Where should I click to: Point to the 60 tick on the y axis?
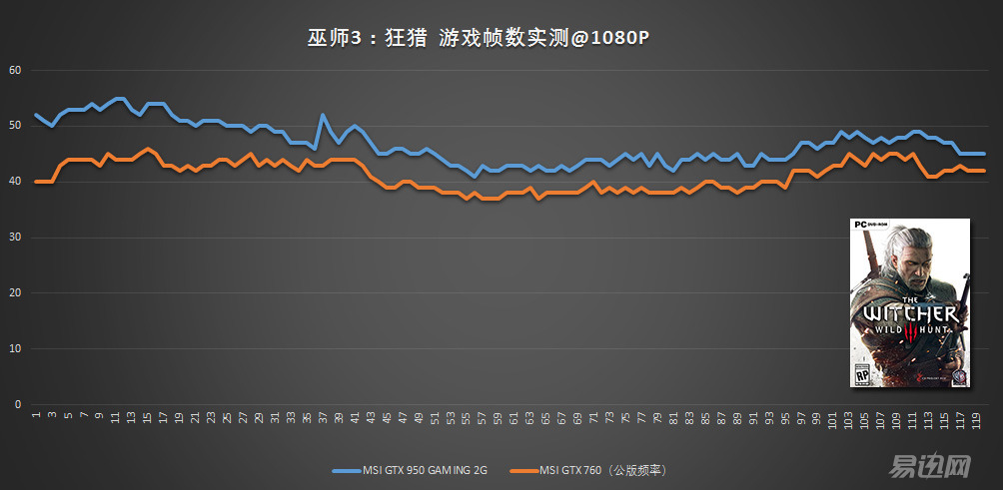point(14,70)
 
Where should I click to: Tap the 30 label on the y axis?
point(14,238)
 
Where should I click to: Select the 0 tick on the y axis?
point(17,405)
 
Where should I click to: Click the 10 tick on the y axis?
point(14,349)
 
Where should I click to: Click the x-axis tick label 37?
point(324,419)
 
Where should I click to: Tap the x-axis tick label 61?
point(514,419)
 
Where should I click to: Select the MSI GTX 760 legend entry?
point(590,469)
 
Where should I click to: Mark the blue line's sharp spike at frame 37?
point(323,115)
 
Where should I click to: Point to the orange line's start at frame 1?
point(36,182)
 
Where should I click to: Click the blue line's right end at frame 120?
point(985,154)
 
